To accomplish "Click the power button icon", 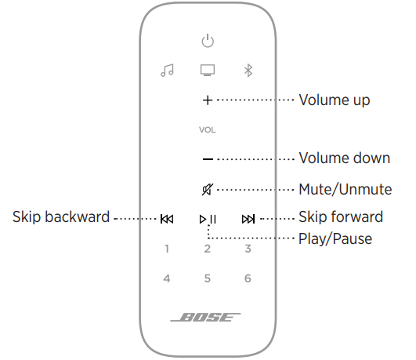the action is tap(208, 42).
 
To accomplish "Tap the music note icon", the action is tap(167, 71).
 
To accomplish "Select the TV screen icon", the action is tap(208, 70).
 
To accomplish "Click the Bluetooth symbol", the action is tap(248, 71).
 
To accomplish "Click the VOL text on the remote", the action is tap(208, 130).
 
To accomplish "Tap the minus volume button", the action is tap(208, 159).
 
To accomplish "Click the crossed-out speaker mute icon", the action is tap(208, 190).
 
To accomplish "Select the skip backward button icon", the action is tap(167, 219).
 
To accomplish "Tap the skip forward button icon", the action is tap(248, 219).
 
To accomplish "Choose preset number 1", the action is tap(167, 249).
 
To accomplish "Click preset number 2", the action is tap(208, 249).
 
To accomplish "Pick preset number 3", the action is tap(248, 249).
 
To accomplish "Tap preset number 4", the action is tap(167, 278).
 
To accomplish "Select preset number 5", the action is tap(208, 278).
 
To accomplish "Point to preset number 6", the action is tap(248, 278).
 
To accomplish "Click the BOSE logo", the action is tap(205, 317).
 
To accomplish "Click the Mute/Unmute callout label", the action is tap(345, 190).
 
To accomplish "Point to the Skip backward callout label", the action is tap(61, 216).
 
